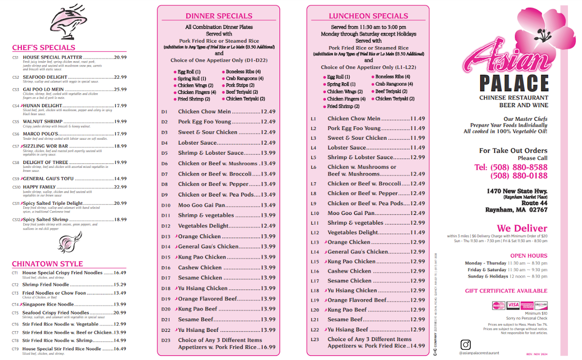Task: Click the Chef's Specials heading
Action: coord(44,48)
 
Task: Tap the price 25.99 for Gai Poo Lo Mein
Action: coord(120,89)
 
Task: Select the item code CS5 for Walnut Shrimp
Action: coord(16,122)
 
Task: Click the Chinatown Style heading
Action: coord(48,264)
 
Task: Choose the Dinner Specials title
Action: coord(219,16)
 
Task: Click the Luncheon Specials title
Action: coord(368,16)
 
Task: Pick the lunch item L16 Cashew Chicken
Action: coord(349,271)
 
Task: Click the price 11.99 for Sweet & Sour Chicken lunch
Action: coord(418,138)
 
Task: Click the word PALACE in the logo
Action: coord(514,83)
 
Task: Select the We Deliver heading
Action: coord(521,228)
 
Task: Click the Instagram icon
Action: coord(466,344)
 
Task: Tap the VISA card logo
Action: coord(513,305)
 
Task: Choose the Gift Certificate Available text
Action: coord(506,291)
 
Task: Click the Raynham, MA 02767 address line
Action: coord(516,210)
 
